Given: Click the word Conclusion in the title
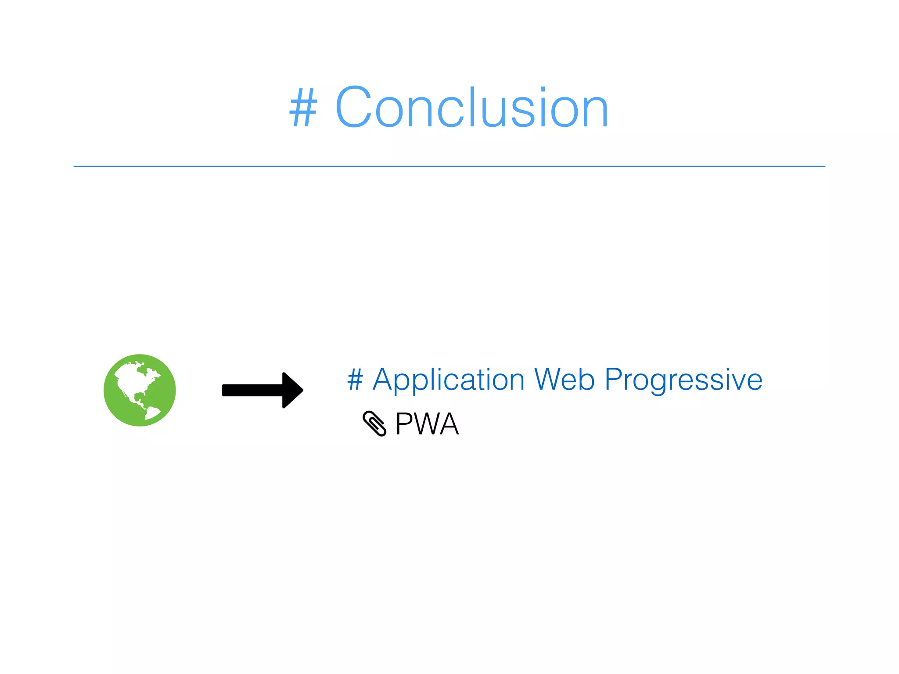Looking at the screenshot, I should click(x=472, y=108).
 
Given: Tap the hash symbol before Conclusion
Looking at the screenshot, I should click(x=303, y=108).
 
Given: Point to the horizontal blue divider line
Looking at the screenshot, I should click(x=449, y=166).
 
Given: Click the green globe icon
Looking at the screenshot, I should click(x=140, y=390).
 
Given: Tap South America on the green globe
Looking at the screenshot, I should click(x=151, y=412).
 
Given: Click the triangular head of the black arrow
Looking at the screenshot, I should click(x=292, y=390).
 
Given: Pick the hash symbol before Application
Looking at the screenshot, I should click(x=355, y=379).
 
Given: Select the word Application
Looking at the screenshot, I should click(x=448, y=380).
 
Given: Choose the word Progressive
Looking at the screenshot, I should click(x=683, y=380).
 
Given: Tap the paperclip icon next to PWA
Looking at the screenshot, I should click(x=374, y=423).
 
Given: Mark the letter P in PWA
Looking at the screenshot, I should click(x=403, y=424).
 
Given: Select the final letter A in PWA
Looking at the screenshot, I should click(x=448, y=424).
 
